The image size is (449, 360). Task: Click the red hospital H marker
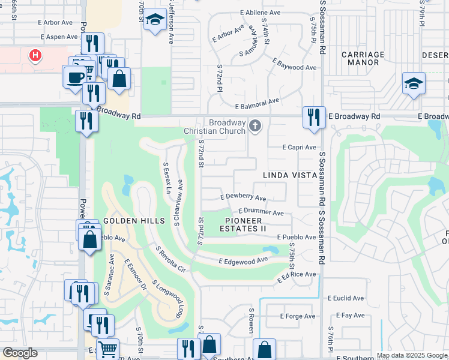(x=36, y=56)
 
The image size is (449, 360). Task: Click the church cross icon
(x=256, y=125)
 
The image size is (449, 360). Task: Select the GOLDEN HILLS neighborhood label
(x=134, y=221)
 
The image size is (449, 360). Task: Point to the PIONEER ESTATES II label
(x=243, y=224)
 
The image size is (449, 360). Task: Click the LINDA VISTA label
(x=289, y=175)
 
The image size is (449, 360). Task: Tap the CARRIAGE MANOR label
(x=363, y=58)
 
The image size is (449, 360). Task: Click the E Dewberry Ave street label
(x=243, y=197)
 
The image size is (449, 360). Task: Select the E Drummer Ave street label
(x=261, y=212)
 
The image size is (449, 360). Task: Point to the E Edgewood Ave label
(x=243, y=261)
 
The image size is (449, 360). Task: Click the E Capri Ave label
(x=300, y=148)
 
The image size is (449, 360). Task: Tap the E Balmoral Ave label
(x=258, y=105)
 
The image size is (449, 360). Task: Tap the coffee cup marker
(x=76, y=77)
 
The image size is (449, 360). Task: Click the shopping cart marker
(x=107, y=349)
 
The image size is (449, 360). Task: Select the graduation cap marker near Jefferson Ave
(x=155, y=21)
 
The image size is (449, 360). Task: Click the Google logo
(x=20, y=353)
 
